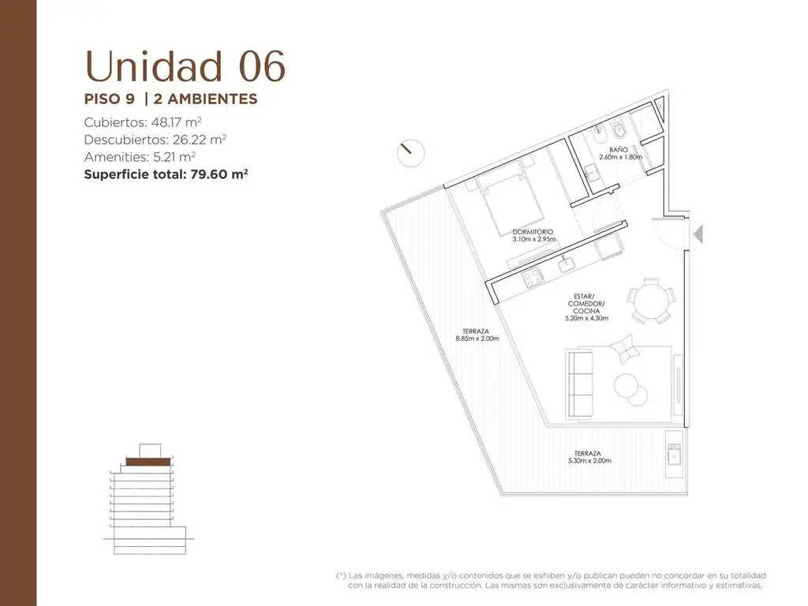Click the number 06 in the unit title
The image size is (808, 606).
262,66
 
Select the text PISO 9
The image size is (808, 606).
109,99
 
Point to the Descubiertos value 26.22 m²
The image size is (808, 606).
198,140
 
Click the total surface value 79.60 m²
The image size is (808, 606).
219,174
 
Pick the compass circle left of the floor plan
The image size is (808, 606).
410,153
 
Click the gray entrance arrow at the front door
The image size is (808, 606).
698,234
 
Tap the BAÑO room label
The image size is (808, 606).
619,150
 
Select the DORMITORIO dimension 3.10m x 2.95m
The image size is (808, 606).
534,239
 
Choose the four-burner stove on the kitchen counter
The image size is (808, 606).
533,277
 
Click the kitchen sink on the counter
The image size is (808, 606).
567,264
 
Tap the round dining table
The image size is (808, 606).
650,301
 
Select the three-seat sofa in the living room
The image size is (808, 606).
579,384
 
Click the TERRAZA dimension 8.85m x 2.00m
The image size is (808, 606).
477,339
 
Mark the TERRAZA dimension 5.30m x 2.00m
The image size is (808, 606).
589,461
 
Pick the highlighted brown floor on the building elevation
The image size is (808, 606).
148,462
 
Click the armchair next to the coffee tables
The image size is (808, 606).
625,349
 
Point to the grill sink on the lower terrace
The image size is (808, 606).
674,454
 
